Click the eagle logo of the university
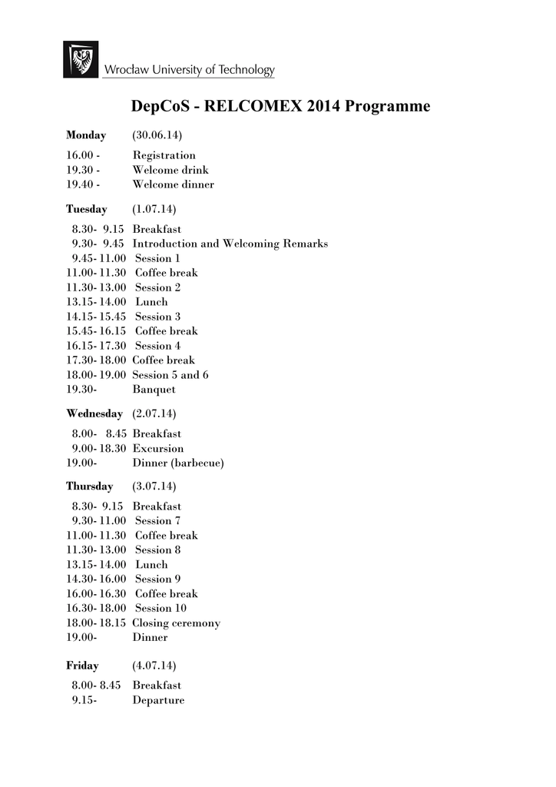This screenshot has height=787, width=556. click(x=81, y=59)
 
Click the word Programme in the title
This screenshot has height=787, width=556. click(x=388, y=106)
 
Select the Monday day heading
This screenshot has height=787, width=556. click(x=86, y=135)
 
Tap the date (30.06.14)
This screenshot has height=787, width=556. click(x=157, y=135)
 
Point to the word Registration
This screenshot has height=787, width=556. click(x=164, y=155)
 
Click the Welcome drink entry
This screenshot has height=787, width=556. click(x=170, y=170)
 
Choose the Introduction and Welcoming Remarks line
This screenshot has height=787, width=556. click(x=230, y=244)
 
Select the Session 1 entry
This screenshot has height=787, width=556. click(x=158, y=258)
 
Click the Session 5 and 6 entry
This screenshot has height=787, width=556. click(x=170, y=375)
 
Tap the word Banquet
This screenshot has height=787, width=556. click(x=154, y=390)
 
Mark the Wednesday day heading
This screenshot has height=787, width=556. click(x=94, y=413)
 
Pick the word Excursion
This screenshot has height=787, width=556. click(x=158, y=448)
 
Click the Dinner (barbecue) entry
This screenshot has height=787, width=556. click(x=178, y=463)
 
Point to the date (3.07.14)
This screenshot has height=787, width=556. click(x=154, y=486)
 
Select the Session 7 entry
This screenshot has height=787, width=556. click(x=158, y=521)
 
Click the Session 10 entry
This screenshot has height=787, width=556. click(x=161, y=608)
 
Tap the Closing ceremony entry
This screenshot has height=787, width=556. click(x=177, y=623)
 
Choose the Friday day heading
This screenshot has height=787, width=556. click(x=82, y=666)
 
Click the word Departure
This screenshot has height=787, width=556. click(x=158, y=700)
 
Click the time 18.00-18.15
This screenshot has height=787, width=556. click(x=96, y=623)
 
